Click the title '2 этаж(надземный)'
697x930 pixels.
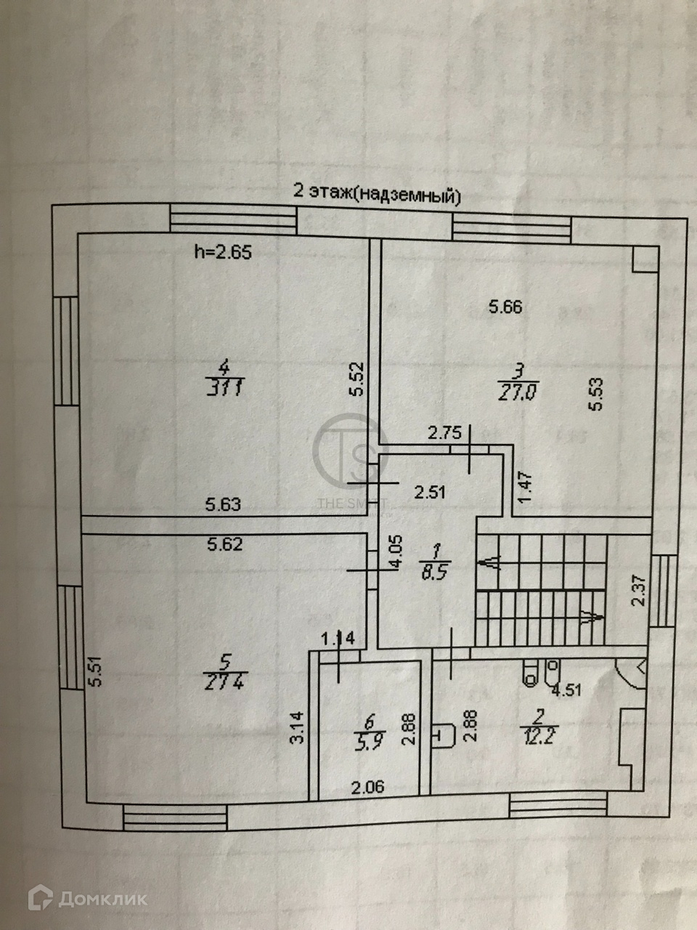coord(376,193)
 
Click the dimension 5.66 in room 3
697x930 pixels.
coord(505,307)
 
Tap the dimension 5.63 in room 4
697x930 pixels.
coord(223,504)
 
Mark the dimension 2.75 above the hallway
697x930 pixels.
coord(445,434)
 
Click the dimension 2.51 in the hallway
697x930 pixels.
coord(429,492)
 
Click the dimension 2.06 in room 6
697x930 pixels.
coord(368,785)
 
